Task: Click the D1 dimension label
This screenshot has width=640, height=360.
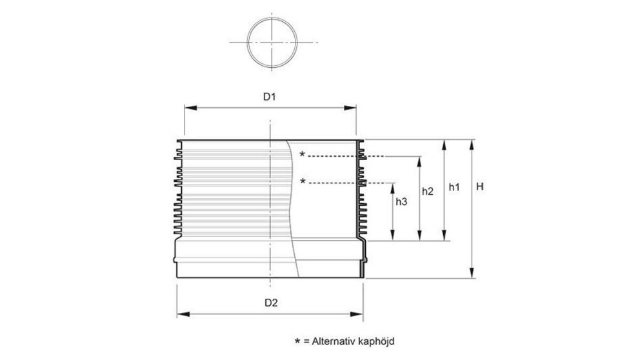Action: point(269,97)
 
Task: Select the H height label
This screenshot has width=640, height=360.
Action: point(480,187)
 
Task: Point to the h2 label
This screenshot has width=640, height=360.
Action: point(427,191)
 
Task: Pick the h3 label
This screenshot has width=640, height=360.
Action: point(401,202)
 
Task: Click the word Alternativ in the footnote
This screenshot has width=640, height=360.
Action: point(331,339)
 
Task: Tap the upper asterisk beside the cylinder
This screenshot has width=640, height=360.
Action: point(302,155)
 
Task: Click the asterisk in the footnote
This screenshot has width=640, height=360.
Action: point(297,339)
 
